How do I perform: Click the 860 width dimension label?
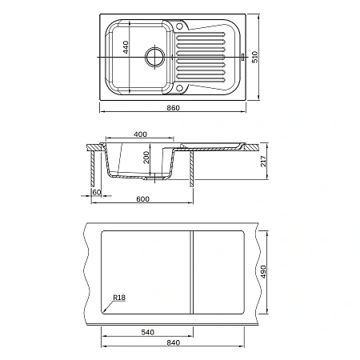[173, 108]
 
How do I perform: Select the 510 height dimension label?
[255, 57]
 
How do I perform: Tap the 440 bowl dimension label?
[126, 47]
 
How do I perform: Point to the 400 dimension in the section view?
[140, 134]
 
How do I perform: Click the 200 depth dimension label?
[146, 158]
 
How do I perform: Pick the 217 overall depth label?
[263, 161]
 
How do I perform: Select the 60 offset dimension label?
[97, 192]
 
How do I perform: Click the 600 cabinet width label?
[142, 199]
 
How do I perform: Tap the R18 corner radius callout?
[119, 298]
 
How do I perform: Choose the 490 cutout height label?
[263, 271]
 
